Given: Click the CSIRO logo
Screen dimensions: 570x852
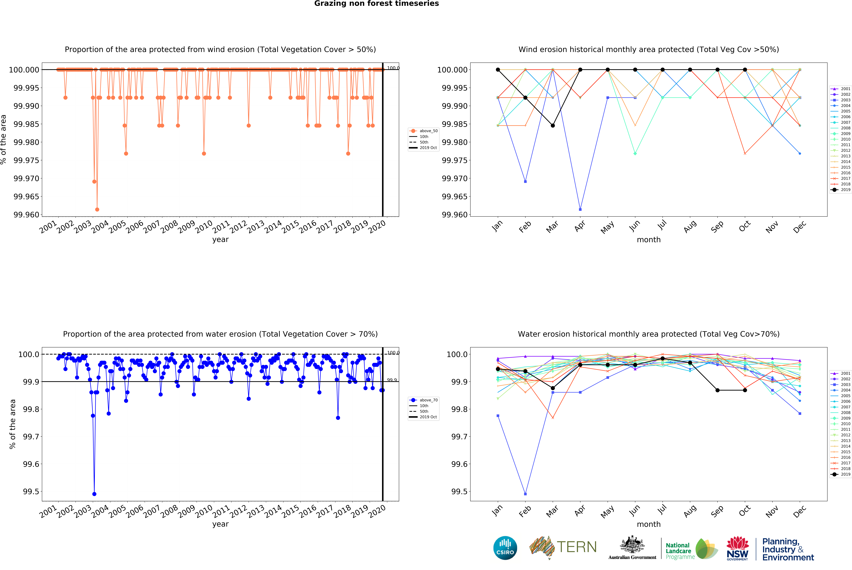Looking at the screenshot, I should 505,548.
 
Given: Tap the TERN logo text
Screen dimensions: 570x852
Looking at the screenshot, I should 577,547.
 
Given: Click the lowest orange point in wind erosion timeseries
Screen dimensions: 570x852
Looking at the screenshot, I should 97,209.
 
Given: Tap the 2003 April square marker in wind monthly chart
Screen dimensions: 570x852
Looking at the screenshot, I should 580,209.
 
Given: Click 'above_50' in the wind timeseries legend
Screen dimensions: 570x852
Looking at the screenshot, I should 429,131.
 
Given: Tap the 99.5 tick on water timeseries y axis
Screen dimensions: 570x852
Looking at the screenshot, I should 31,491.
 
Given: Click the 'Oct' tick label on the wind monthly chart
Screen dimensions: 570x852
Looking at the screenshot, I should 745,226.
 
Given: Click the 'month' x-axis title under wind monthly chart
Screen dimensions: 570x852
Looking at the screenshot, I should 649,240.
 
